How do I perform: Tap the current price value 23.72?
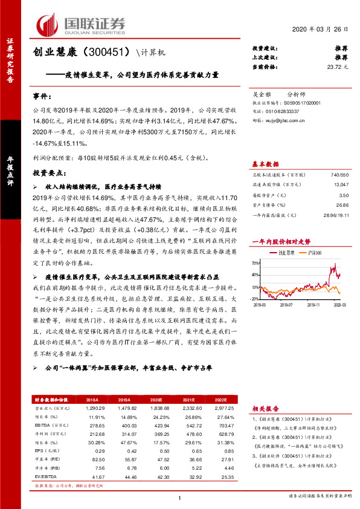[338, 66]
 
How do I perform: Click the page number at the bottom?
[180, 498]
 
